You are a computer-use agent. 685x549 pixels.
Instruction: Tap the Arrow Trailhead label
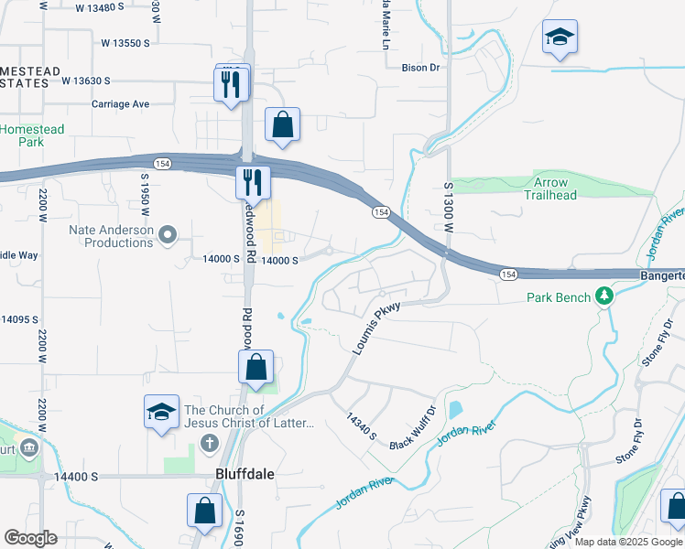(550, 188)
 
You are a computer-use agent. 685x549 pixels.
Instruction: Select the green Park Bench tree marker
(603, 296)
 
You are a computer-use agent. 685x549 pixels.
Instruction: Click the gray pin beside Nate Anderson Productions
(168, 236)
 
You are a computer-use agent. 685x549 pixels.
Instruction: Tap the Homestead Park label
(32, 135)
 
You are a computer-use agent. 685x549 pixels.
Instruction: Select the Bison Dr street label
(421, 68)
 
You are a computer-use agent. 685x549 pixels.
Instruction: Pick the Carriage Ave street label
(120, 104)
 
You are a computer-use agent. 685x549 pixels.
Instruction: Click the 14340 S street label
(361, 425)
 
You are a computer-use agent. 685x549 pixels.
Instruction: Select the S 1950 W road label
(145, 189)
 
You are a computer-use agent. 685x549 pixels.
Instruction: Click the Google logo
(30, 538)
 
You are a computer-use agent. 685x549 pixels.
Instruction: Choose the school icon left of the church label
(161, 412)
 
